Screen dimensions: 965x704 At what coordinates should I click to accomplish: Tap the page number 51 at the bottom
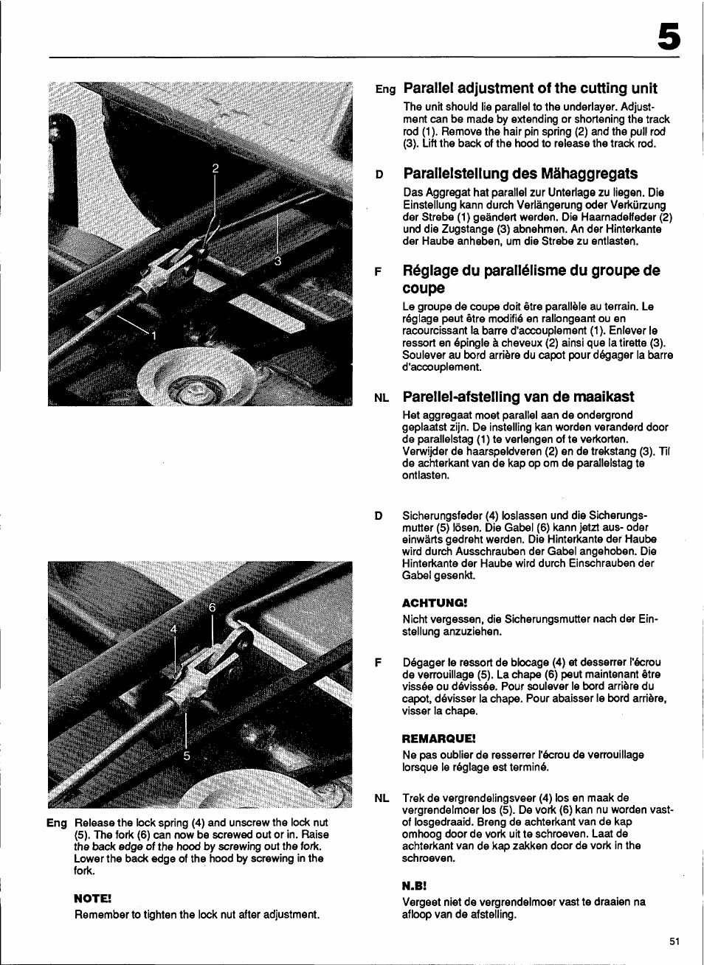674,941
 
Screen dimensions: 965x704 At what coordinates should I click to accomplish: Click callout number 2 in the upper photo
215,169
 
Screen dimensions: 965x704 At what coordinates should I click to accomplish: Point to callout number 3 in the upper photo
278,261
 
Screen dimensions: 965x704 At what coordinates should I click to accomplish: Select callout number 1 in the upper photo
154,335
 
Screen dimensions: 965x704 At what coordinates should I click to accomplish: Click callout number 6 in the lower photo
212,607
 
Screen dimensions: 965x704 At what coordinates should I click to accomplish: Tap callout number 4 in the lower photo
175,629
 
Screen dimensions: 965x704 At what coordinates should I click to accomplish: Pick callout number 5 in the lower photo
187,756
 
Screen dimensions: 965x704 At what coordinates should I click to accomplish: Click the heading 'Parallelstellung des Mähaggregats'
520,174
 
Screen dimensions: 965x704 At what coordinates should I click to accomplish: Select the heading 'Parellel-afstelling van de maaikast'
518,397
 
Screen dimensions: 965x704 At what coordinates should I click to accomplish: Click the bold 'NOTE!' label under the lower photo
92,898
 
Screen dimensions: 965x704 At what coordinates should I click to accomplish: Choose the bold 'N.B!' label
415,885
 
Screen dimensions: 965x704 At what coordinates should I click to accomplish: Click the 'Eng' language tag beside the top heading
385,90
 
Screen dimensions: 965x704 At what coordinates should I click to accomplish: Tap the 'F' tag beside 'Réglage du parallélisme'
379,271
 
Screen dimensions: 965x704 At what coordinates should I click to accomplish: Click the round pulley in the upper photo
194,378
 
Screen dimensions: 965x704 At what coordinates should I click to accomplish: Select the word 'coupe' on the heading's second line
424,288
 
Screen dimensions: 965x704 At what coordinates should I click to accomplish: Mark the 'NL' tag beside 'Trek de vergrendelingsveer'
381,798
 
